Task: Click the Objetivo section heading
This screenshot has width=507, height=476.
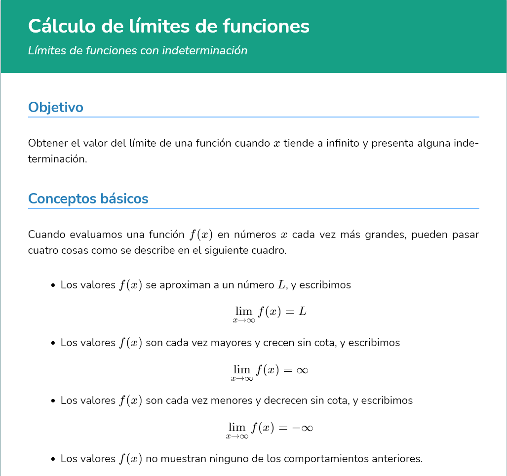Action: tap(56, 107)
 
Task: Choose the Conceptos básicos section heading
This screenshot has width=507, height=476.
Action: tap(88, 198)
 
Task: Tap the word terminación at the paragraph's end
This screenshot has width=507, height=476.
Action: tap(57, 159)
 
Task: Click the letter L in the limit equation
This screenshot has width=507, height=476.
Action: tap(303, 312)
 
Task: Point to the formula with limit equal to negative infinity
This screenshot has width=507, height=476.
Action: tap(270, 429)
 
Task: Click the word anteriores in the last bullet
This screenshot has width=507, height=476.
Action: tap(398, 459)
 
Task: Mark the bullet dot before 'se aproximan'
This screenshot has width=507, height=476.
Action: tap(53, 285)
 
